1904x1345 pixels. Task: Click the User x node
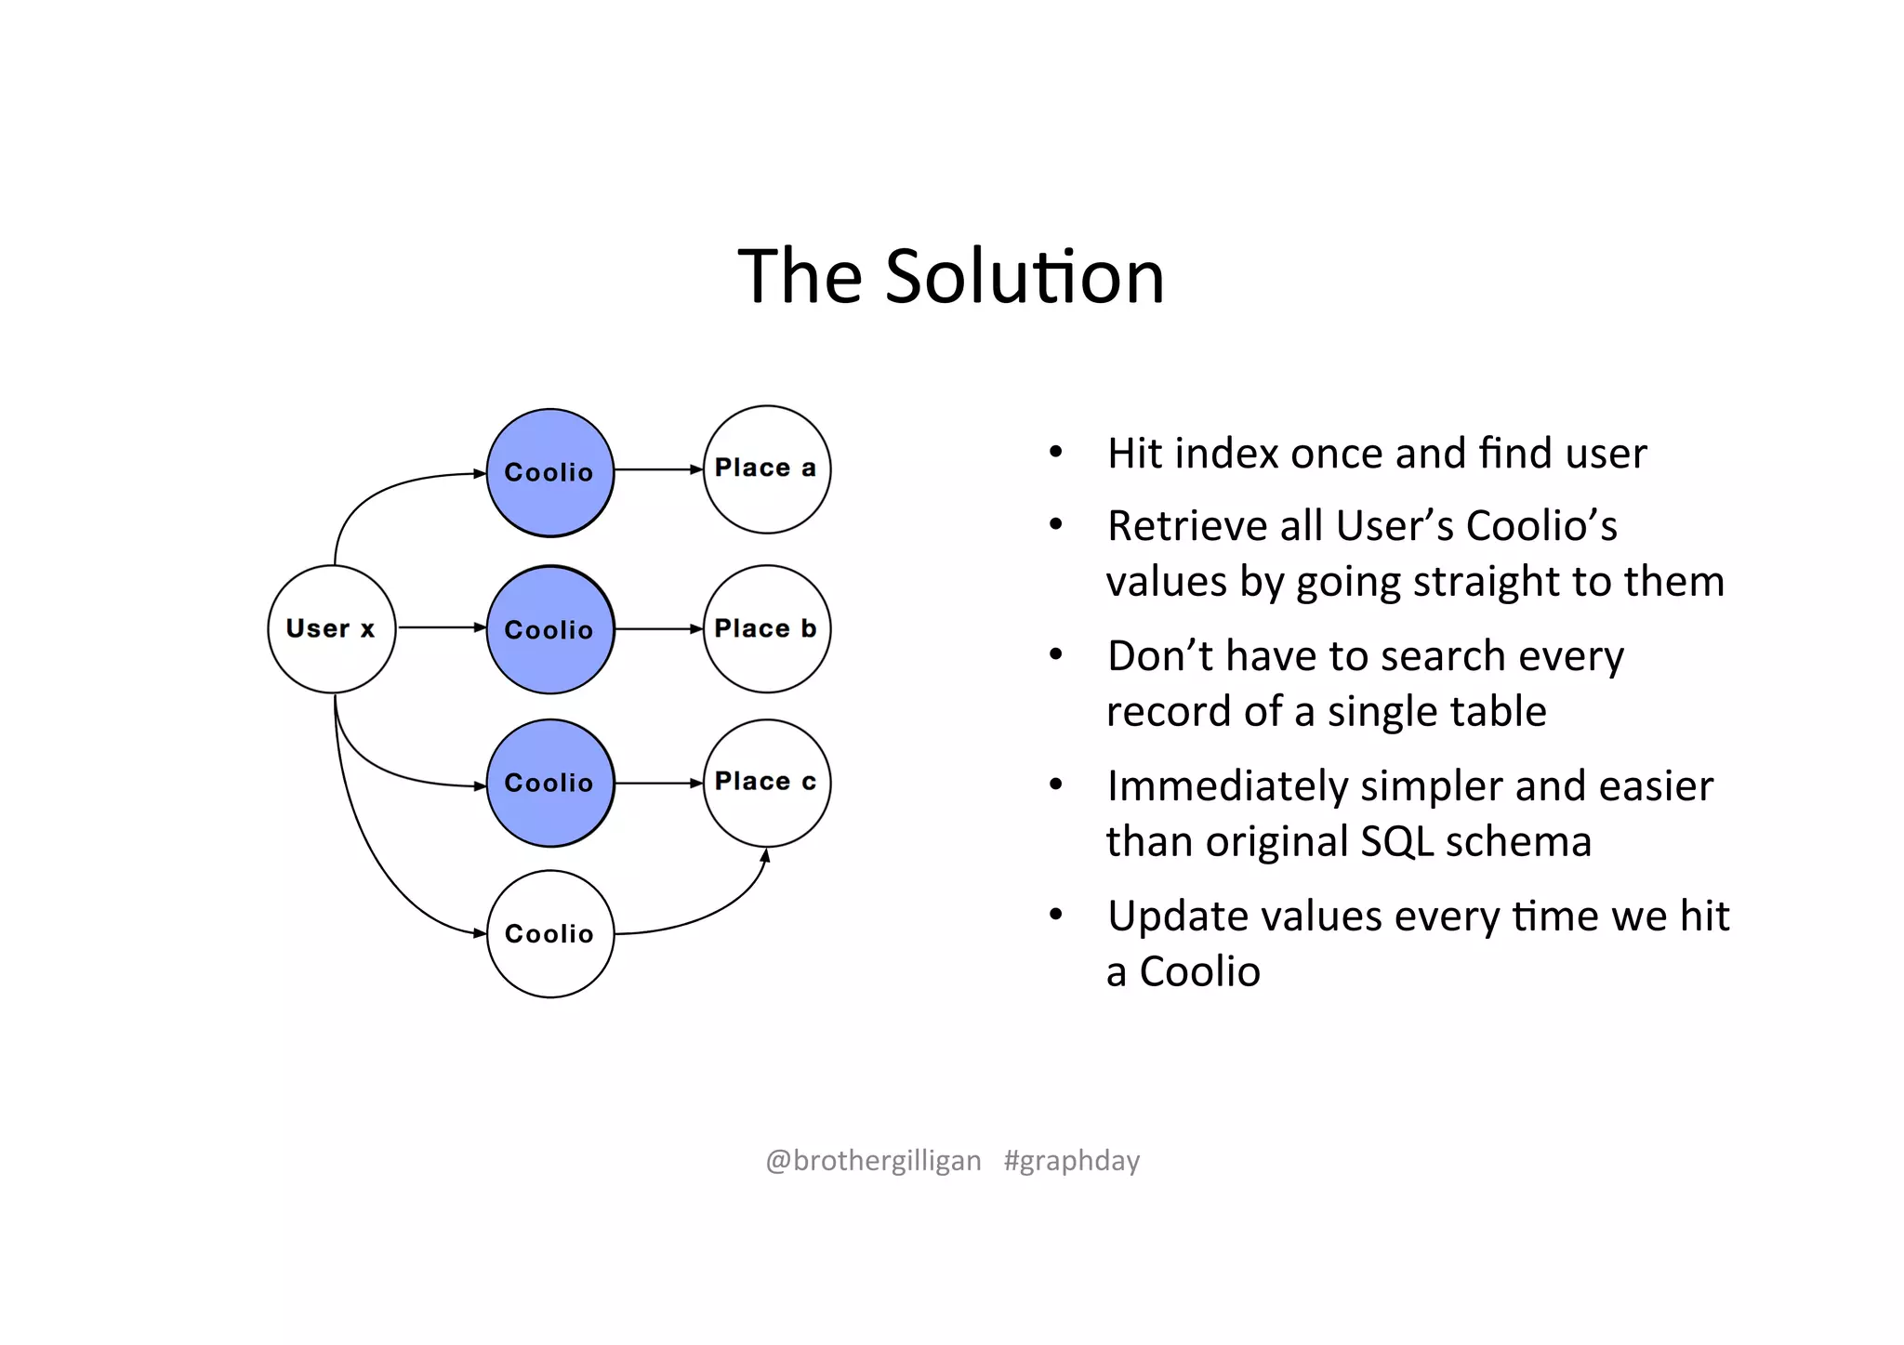point(331,629)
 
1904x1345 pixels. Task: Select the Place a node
point(766,469)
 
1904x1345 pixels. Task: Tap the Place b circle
point(766,629)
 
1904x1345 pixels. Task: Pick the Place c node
point(766,783)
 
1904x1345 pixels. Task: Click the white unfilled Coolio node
point(550,933)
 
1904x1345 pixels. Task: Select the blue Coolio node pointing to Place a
point(550,472)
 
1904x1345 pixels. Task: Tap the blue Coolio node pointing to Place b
point(550,630)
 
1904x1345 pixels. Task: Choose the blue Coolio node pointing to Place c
point(550,783)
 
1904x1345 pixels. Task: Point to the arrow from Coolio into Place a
point(658,469)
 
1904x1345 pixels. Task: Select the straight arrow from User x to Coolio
point(442,627)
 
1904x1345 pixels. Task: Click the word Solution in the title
point(1025,277)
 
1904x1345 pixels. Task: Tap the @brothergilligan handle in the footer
point(873,1161)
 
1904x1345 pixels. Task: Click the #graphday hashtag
point(1071,1161)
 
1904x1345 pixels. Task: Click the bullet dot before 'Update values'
point(1055,916)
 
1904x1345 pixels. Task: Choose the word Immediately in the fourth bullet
point(1227,786)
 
